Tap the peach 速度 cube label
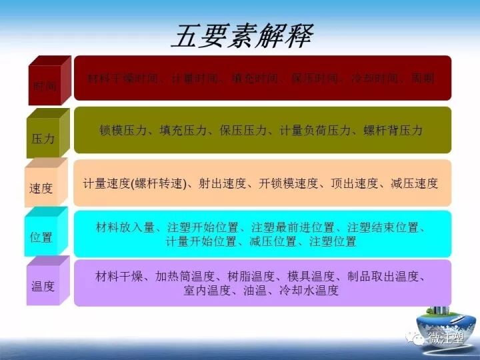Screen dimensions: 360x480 point(41,188)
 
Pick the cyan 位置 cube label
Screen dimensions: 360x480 point(41,237)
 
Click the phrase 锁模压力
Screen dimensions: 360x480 point(123,131)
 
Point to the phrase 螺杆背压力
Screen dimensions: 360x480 point(393,131)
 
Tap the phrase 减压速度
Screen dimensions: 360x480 point(414,183)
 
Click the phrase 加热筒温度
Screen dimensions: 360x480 point(185,276)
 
